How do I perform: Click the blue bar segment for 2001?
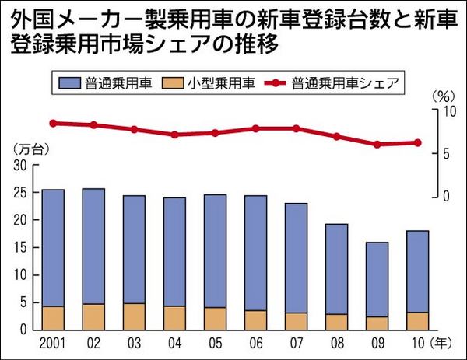[x=53, y=247]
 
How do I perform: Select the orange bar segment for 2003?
[x=135, y=316]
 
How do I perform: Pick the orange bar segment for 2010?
[x=418, y=320]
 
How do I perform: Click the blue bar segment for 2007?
[x=297, y=257]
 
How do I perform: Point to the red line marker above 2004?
[x=174, y=135]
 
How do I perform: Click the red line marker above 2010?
[x=418, y=142]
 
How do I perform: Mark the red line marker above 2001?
[x=53, y=123]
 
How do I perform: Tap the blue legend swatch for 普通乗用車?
[x=72, y=81]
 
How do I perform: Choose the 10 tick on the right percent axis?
[x=446, y=111]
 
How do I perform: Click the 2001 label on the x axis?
[x=53, y=342]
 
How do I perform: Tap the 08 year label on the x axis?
[x=337, y=342]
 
